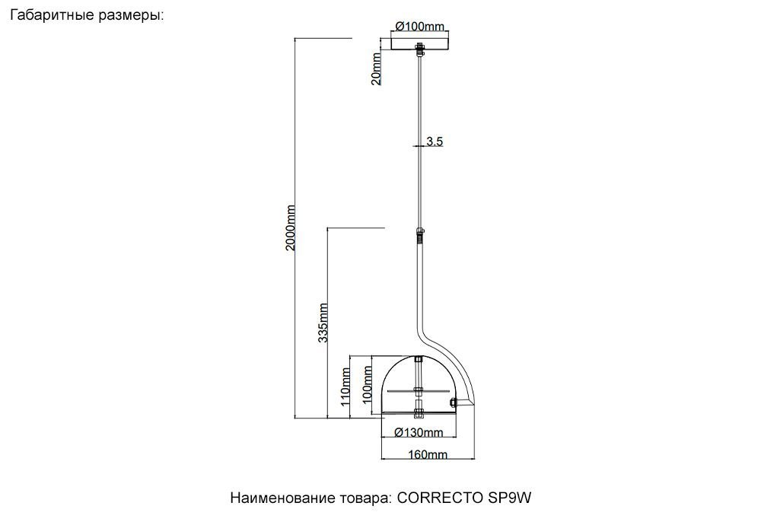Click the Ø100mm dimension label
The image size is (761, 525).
pyautogui.click(x=419, y=27)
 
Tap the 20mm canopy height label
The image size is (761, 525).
pyautogui.click(x=376, y=70)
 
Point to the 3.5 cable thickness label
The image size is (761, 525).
pyautogui.click(x=435, y=141)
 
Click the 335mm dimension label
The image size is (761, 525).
pyautogui.click(x=323, y=323)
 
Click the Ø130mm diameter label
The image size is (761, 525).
pyautogui.click(x=419, y=433)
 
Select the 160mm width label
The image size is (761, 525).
pyautogui.click(x=428, y=455)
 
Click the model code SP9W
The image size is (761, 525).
pyautogui.click(x=508, y=499)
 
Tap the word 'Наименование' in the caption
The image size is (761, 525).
pyautogui.click(x=279, y=499)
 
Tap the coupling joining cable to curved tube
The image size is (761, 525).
pyautogui.click(x=419, y=233)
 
